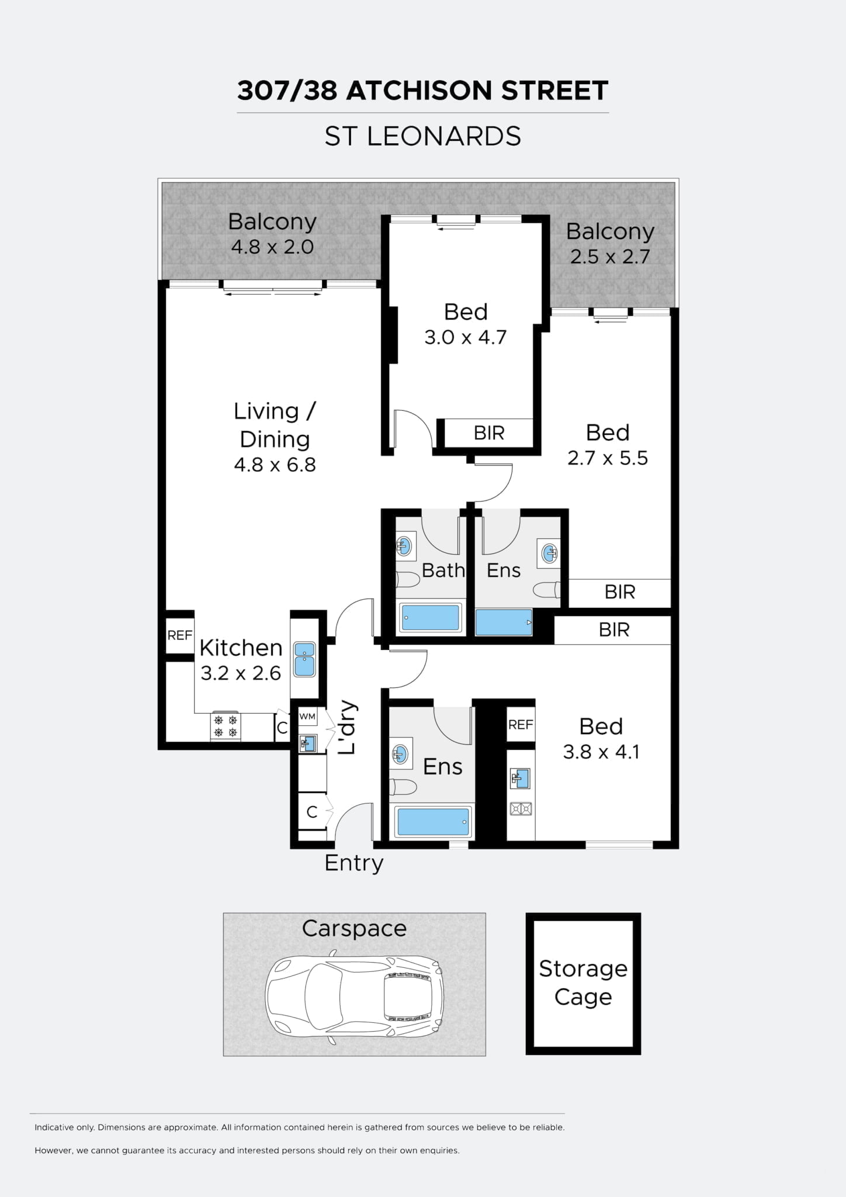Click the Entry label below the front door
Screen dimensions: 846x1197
(x=354, y=863)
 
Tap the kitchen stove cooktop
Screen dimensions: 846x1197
(x=226, y=726)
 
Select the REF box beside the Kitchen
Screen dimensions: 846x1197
(x=180, y=635)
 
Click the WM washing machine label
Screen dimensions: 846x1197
(x=307, y=717)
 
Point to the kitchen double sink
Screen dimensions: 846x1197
(x=304, y=659)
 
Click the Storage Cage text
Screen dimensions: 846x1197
(x=583, y=982)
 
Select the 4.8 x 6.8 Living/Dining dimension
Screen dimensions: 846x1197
(x=275, y=465)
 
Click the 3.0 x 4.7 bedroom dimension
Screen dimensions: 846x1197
(x=465, y=337)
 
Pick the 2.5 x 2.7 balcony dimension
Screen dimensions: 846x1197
(x=610, y=257)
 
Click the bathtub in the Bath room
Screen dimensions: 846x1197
(x=431, y=618)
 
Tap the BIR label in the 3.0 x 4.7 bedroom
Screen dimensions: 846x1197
(x=489, y=433)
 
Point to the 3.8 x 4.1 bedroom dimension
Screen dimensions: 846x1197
(x=601, y=752)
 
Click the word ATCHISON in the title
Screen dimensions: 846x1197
(x=415, y=91)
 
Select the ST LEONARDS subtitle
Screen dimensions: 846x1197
(x=423, y=136)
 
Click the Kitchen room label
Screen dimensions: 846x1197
(x=241, y=648)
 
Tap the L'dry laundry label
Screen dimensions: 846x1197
(x=347, y=728)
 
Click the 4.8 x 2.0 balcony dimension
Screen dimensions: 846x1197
(x=272, y=247)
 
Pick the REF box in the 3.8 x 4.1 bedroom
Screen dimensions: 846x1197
(x=521, y=725)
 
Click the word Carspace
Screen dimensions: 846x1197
(x=354, y=929)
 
